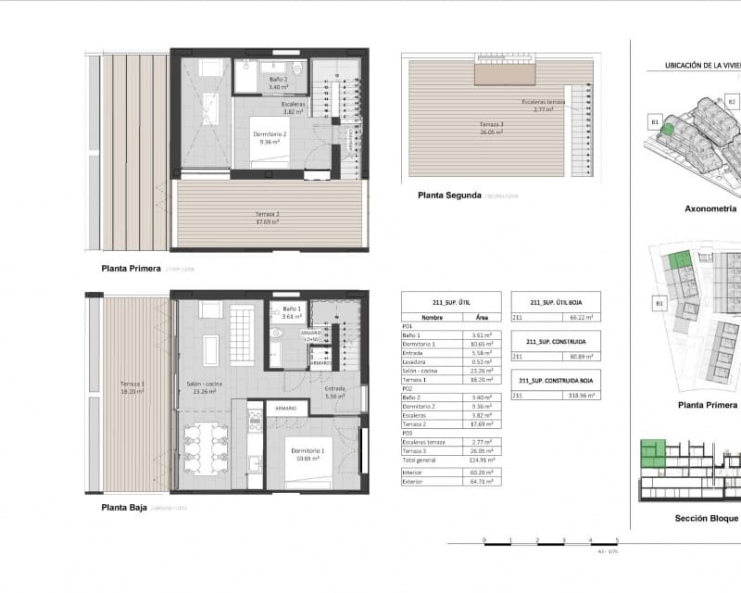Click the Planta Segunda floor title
pos(449,196)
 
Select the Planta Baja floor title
pos(130,508)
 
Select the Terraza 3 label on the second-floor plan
pos(491,127)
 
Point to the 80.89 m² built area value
pos(581,355)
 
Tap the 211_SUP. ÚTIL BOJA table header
pos(555,302)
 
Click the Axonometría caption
pos(711,208)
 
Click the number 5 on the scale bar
pos(617,538)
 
